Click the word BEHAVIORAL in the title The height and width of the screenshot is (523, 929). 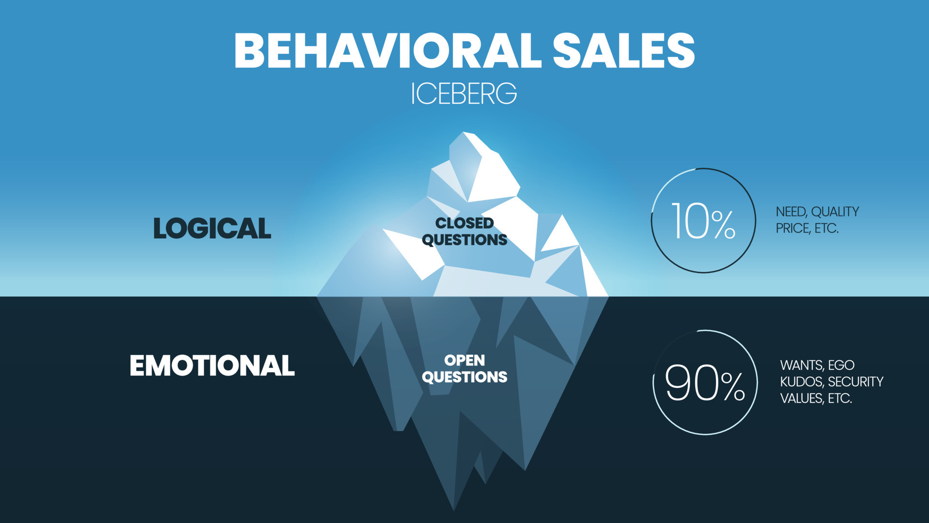(x=388, y=51)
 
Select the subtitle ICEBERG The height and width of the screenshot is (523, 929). (x=464, y=93)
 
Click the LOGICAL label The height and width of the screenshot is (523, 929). (x=212, y=228)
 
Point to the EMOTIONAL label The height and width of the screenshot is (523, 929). (x=212, y=366)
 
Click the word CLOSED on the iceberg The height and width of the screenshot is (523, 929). (x=464, y=223)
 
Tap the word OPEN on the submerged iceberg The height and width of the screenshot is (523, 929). (x=464, y=361)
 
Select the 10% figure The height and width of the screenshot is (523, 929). (x=703, y=221)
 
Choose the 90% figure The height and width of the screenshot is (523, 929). (x=705, y=383)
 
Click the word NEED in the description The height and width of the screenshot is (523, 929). (x=791, y=212)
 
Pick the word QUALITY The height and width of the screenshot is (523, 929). (x=835, y=212)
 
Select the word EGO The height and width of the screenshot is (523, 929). (x=841, y=365)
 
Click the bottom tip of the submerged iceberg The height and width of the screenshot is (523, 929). (x=454, y=508)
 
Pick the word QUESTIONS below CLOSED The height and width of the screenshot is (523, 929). (x=464, y=240)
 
